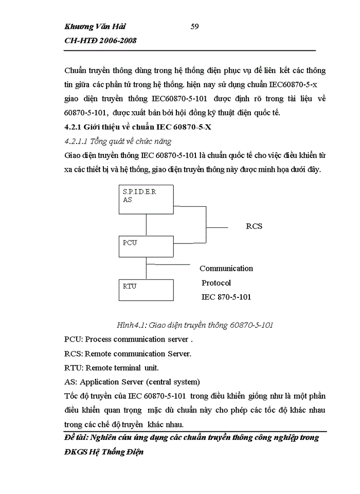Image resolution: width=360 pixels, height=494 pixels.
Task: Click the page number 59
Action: pos(195,27)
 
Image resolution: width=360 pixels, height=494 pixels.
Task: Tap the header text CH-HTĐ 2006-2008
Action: pos(100,41)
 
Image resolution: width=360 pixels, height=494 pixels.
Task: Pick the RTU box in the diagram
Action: pos(146,289)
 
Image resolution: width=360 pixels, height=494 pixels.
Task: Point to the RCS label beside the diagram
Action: pos(254,226)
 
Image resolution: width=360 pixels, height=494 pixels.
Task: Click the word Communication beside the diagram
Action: pos(226,268)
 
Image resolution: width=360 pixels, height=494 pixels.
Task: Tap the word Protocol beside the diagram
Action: pos(216,283)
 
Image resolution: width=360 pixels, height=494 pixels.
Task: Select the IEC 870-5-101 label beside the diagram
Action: pos(226,297)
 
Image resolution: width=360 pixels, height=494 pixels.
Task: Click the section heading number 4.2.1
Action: pos(75,128)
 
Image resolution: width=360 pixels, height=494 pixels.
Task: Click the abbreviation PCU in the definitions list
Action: pos(73,339)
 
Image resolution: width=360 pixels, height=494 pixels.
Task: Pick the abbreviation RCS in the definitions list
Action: pos(73,354)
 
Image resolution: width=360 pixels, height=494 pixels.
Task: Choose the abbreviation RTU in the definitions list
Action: pos(73,367)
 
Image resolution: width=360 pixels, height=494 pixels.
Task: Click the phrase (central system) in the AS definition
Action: pos(173,382)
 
